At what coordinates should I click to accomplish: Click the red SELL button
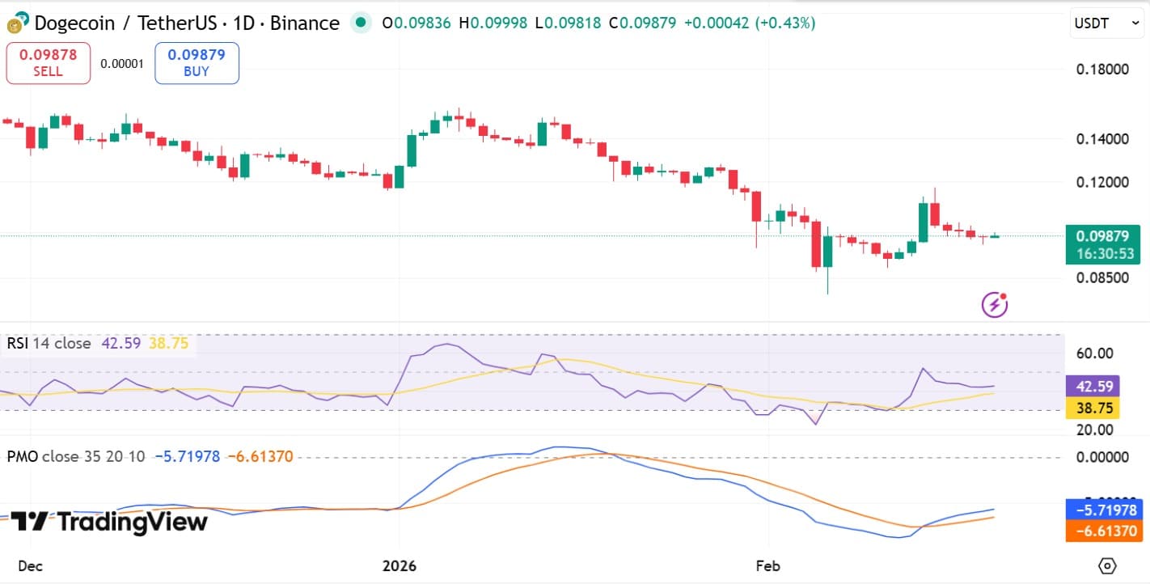pyautogui.click(x=48, y=63)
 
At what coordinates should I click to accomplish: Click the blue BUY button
pyautogui.click(x=197, y=63)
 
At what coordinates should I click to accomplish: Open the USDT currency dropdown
pyautogui.click(x=1106, y=24)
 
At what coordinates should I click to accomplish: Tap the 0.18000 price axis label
pyautogui.click(x=1102, y=69)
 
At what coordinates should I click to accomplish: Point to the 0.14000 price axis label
pyautogui.click(x=1102, y=138)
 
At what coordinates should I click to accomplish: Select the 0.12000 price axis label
pyautogui.click(x=1102, y=182)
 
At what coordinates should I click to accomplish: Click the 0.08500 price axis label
pyautogui.click(x=1102, y=277)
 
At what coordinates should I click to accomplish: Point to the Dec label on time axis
pyautogui.click(x=30, y=565)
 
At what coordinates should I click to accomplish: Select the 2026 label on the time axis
pyautogui.click(x=400, y=565)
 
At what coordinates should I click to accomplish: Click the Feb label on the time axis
pyautogui.click(x=767, y=565)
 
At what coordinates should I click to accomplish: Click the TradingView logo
pyautogui.click(x=109, y=523)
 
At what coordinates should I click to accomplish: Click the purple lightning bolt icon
pyautogui.click(x=995, y=304)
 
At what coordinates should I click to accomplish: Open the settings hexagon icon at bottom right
pyautogui.click(x=1107, y=565)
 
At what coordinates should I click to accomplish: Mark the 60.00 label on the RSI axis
pyautogui.click(x=1096, y=353)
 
